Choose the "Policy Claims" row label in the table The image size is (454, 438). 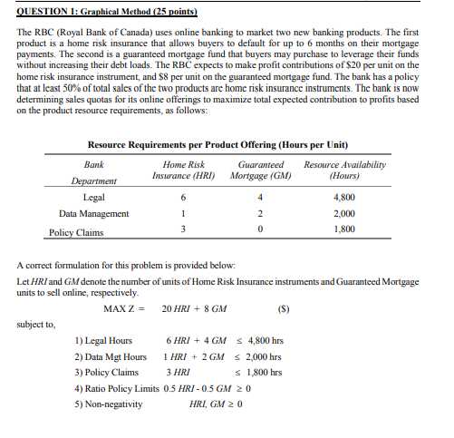pos(74,231)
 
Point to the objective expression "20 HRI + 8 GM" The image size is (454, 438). pos(195,308)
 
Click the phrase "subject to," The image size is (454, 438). pos(36,323)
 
